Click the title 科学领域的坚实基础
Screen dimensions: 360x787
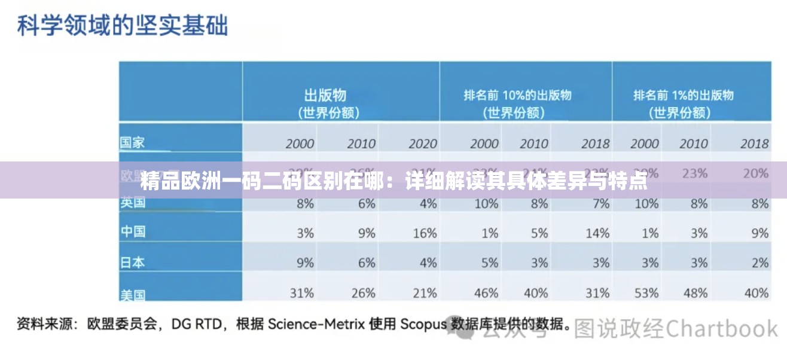tap(122, 26)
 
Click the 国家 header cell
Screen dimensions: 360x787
tap(132, 143)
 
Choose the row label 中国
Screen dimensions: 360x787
tap(133, 231)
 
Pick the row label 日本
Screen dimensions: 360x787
tap(133, 262)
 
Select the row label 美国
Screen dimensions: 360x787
tap(133, 294)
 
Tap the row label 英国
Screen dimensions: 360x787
tap(133, 203)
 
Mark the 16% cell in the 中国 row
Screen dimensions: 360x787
tap(424, 233)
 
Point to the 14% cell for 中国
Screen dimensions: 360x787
tap(597, 233)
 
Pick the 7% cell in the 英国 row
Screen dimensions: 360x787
tap(600, 203)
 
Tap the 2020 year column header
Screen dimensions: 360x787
tap(422, 144)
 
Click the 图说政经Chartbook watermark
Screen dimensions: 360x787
tap(676, 329)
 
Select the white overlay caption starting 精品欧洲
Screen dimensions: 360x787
tap(393, 180)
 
